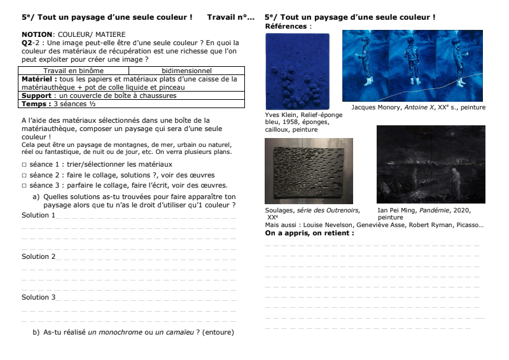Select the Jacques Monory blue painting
(414, 66)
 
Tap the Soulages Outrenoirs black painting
(309, 170)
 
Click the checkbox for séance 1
(24, 164)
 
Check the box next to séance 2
(24, 175)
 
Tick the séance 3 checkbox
(24, 186)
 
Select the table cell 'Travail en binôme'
(71, 71)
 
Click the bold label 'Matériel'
(39, 80)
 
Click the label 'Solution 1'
(38, 215)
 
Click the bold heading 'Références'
(285, 27)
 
